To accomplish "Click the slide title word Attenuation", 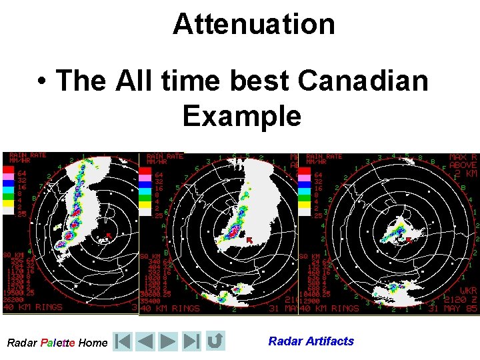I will [253, 24].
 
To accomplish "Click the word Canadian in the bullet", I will [363, 81].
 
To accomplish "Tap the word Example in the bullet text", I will [241, 116].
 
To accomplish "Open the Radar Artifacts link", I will [311, 341].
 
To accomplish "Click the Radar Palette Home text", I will [57, 343].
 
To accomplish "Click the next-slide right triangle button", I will [168, 342].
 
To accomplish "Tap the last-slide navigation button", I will [192, 342].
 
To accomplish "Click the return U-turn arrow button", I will [215, 342].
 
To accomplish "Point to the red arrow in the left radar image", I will [108, 235].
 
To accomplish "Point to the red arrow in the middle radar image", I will [249, 239].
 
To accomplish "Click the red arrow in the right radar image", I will [409, 240].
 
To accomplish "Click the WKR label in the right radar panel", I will [468, 291].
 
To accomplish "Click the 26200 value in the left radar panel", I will [15, 299].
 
